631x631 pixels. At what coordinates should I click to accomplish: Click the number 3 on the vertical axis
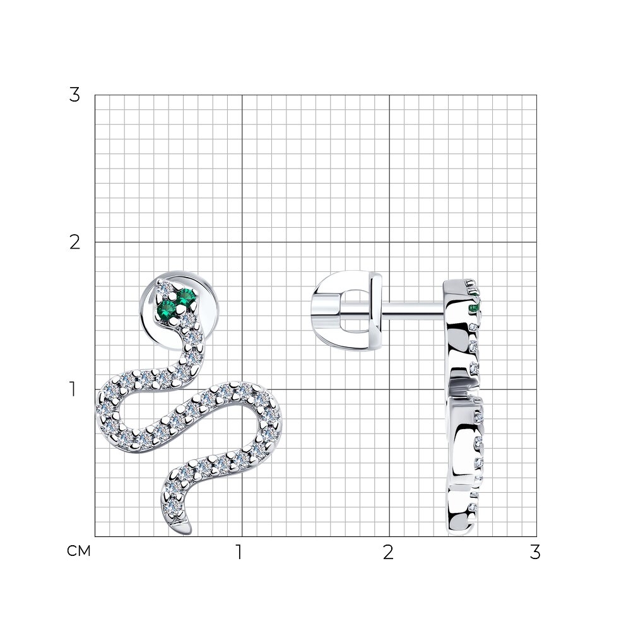click(75, 95)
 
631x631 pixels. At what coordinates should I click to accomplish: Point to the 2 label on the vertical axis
click(75, 242)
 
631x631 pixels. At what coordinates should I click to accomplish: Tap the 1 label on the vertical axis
click(73, 389)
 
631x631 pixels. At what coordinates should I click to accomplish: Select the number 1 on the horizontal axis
click(239, 553)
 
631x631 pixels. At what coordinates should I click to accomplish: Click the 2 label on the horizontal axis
click(388, 553)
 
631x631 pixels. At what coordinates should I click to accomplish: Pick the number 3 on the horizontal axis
click(535, 553)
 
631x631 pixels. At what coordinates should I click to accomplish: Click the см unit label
click(79, 551)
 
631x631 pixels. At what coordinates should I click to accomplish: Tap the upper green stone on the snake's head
click(186, 297)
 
